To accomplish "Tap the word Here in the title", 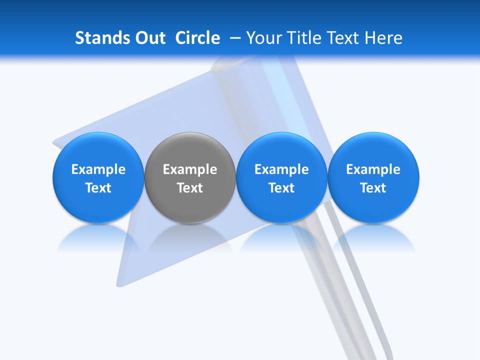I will pyautogui.click(x=385, y=38).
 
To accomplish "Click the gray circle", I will pyautogui.click(x=190, y=197).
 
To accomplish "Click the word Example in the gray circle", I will pyautogui.click(x=190, y=169).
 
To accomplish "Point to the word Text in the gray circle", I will pyautogui.click(x=190, y=188).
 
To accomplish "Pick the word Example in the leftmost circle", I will pyautogui.click(x=98, y=169).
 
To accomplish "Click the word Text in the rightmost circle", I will pyautogui.click(x=373, y=188).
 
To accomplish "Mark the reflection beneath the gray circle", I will pyautogui.click(x=190, y=237).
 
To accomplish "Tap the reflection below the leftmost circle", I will pyautogui.click(x=98, y=237).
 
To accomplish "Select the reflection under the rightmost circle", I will pyautogui.click(x=373, y=237).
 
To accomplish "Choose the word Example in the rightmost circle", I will pyautogui.click(x=373, y=169).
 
